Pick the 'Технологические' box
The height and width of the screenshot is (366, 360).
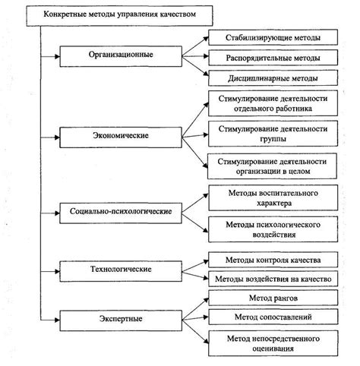click(115, 269)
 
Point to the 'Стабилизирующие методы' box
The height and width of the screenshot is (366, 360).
click(271, 36)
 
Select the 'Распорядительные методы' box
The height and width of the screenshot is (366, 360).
click(271, 57)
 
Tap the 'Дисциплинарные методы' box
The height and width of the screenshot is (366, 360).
click(271, 77)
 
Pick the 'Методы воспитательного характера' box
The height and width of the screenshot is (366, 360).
click(271, 199)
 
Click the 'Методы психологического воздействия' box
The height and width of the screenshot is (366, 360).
click(271, 229)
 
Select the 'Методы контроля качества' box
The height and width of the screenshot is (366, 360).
click(271, 260)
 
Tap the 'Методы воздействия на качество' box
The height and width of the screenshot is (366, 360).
click(271, 279)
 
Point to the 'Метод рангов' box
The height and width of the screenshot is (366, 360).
click(271, 297)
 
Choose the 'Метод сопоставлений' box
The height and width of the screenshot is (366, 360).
click(271, 316)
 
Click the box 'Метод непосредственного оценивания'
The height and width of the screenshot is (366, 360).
click(271, 342)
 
